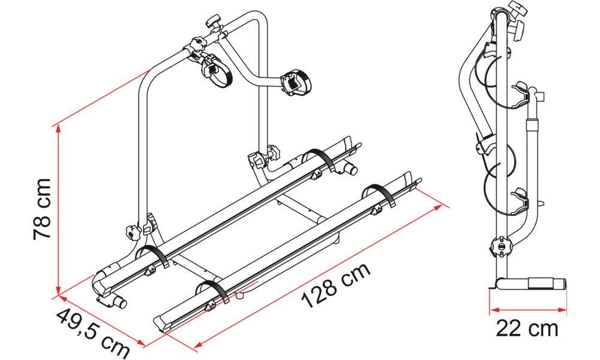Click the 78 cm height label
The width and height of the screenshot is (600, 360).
(43, 209)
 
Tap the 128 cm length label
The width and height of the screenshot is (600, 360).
(335, 284)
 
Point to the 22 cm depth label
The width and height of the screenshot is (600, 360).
(527, 328)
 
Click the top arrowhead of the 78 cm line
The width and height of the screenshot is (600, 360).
(58, 129)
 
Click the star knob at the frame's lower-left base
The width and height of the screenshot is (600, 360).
(131, 233)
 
